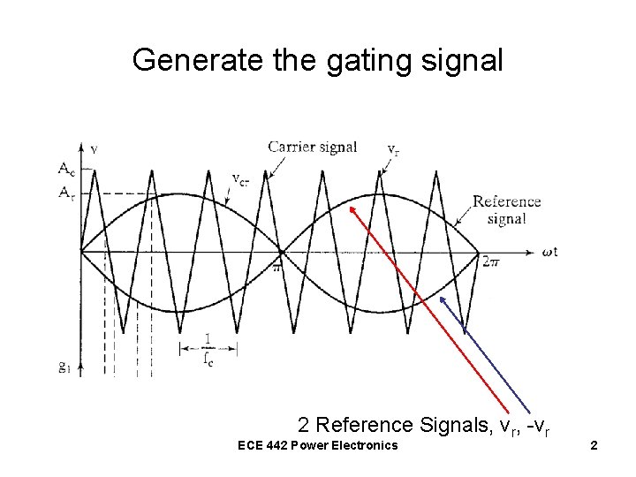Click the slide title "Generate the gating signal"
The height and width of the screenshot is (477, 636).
[317, 60]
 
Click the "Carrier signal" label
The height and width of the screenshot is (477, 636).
[313, 147]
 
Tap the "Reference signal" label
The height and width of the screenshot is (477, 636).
[506, 210]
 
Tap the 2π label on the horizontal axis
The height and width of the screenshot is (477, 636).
[492, 261]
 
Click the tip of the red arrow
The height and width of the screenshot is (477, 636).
[350, 207]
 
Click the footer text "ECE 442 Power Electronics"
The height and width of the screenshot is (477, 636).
[319, 444]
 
